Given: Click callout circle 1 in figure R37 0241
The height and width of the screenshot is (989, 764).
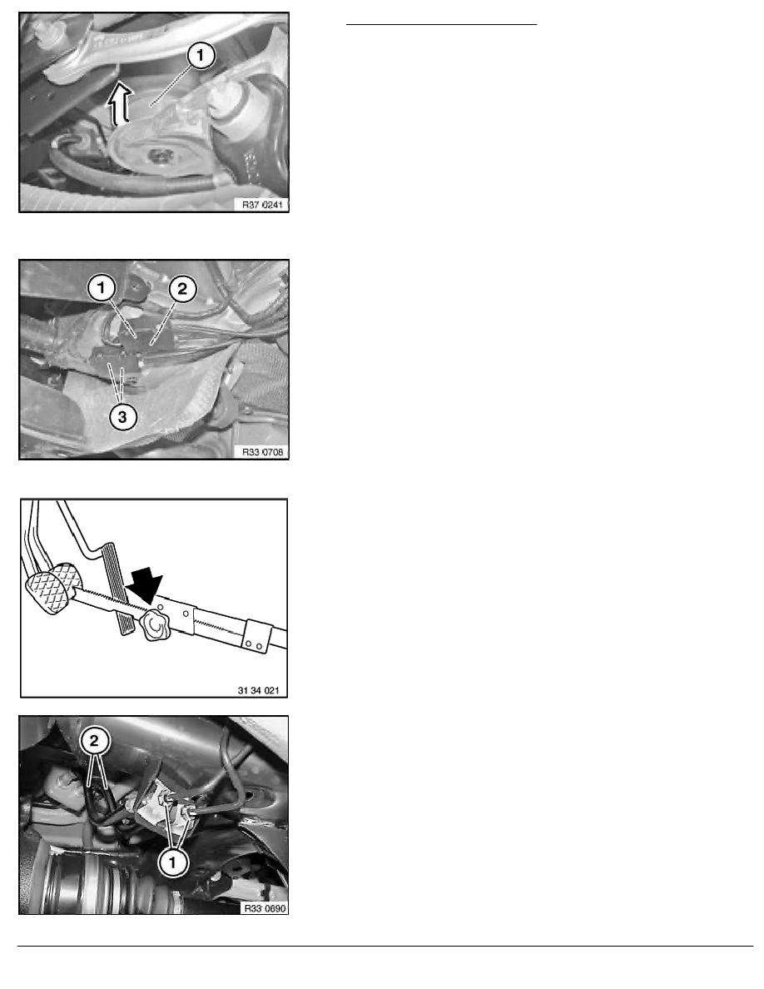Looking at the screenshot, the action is point(201,56).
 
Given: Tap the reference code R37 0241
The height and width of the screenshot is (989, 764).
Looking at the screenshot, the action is point(263,205).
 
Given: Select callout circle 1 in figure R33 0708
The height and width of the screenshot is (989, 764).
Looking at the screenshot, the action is point(102,290).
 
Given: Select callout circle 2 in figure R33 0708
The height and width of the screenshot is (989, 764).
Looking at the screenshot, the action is point(182,290).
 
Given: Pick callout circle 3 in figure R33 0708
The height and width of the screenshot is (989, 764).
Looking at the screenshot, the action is point(122,417).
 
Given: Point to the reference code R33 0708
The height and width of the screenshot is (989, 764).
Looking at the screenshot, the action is point(263,452).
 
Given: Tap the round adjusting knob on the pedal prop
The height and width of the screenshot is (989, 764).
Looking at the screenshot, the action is point(155,626).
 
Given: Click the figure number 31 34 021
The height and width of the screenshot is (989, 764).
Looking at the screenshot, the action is point(258,690).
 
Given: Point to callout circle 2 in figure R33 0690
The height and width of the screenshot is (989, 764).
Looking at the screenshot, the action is point(95,741).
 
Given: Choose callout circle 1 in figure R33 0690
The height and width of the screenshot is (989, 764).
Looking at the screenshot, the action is point(172,862).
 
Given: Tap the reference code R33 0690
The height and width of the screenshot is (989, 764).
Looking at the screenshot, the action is point(265,908).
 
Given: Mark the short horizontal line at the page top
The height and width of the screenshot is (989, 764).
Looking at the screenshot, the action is point(441,25).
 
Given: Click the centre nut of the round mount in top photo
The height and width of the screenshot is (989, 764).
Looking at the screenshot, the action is point(156,155).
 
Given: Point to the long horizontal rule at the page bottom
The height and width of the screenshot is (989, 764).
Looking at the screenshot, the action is point(385,946).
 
